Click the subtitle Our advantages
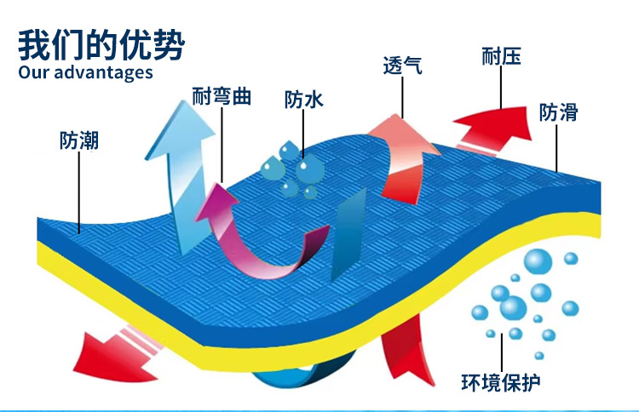(85, 72)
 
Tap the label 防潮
(79, 140)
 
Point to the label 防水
(304, 100)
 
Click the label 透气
(402, 66)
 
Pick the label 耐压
(501, 57)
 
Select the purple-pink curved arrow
(256, 238)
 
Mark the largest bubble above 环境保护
(538, 262)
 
